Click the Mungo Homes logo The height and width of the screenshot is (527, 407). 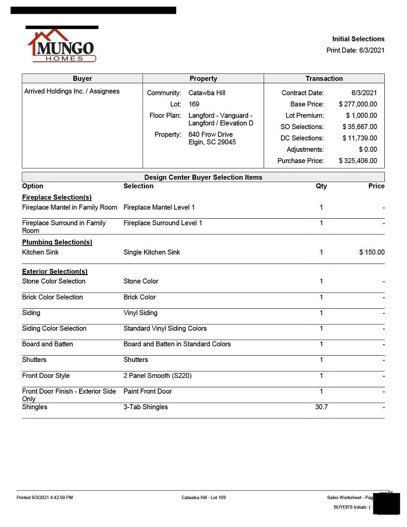point(62,46)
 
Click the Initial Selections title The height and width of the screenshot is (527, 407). point(358,39)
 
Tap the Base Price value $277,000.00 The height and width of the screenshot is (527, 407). point(357,104)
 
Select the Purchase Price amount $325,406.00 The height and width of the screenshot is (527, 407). point(357,161)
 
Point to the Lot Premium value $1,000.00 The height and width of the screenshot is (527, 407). point(361,115)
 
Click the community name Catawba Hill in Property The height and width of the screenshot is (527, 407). point(207,93)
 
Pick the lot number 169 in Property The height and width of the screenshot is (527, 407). point(194,104)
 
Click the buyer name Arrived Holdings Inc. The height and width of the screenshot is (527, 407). point(72,91)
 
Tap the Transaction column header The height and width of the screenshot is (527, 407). point(324,79)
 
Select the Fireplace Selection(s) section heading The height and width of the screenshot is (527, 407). point(57,197)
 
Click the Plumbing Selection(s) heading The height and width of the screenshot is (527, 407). point(57,242)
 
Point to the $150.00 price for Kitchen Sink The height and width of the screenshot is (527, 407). point(372,252)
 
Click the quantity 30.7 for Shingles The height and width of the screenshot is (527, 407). point(321,407)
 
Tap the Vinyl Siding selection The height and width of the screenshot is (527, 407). point(140,313)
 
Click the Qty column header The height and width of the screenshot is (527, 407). point(321,186)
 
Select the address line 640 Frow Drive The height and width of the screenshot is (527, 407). point(210,134)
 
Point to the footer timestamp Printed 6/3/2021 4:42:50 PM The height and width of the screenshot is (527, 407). point(45,497)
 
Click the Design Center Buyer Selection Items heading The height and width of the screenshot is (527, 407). point(203,177)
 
